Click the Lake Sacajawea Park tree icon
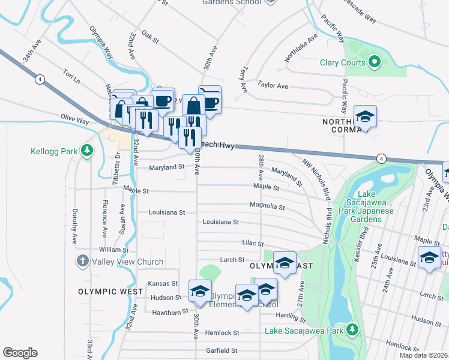(352, 329)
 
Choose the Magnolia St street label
(268, 206)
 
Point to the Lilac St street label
(252, 244)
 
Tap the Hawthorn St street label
(166, 313)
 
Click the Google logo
(20, 353)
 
